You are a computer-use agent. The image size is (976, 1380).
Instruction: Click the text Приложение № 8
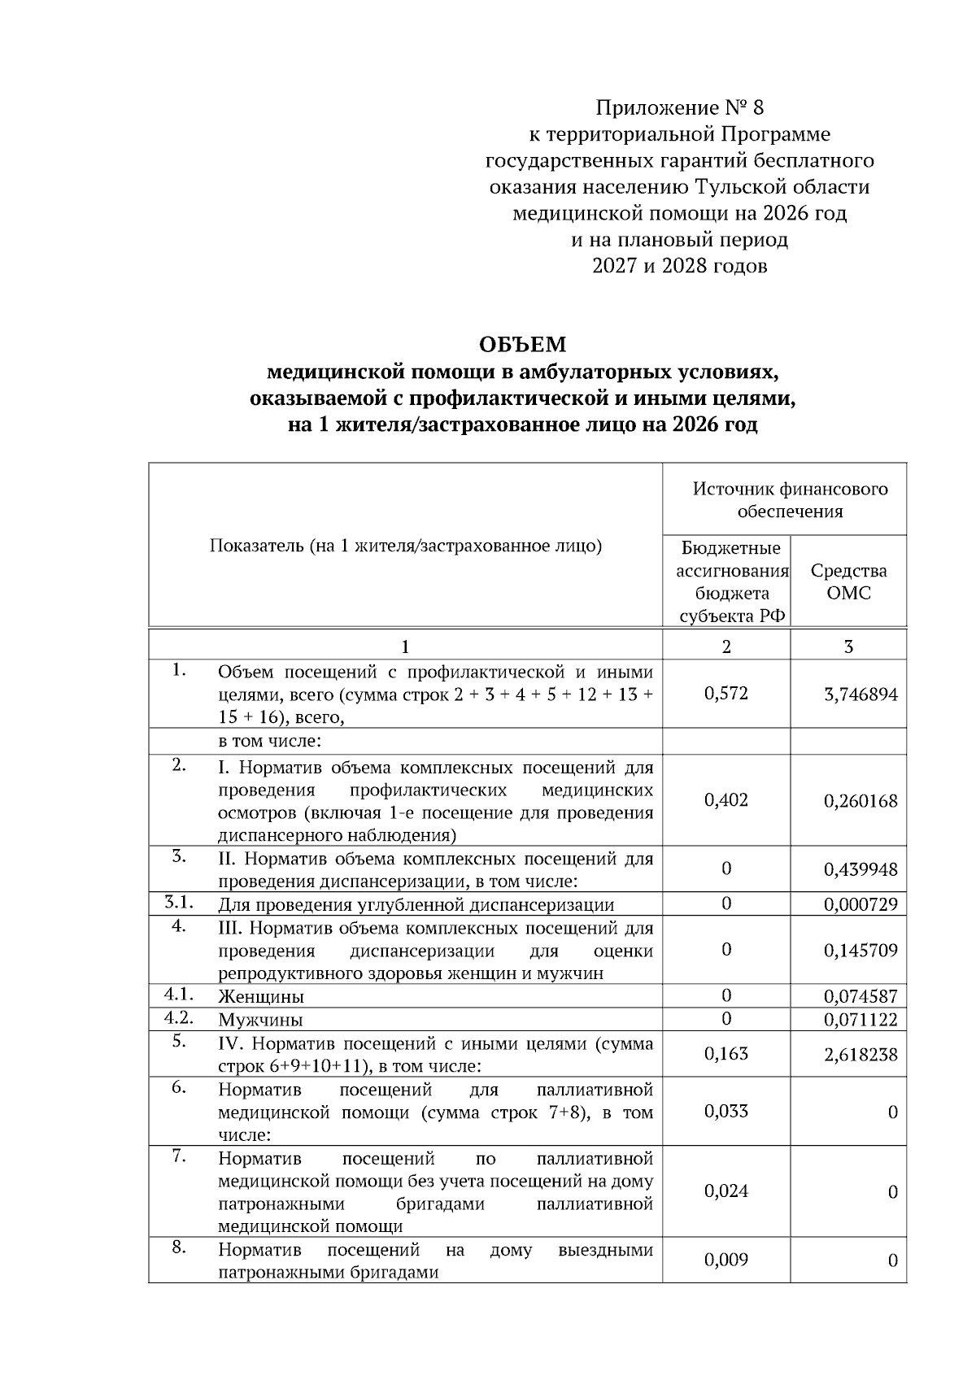coord(680,107)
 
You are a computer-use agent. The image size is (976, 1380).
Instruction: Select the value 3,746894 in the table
coord(861,694)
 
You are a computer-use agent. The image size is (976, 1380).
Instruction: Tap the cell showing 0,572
coord(726,694)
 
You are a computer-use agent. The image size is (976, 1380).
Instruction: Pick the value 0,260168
coord(861,801)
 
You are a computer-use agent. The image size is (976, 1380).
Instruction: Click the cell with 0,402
coord(726,800)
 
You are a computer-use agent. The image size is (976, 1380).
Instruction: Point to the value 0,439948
coord(861,870)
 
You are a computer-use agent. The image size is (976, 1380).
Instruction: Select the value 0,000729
coord(861,905)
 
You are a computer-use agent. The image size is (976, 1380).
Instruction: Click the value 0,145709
coord(861,951)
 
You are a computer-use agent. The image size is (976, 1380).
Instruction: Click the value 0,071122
coord(861,1020)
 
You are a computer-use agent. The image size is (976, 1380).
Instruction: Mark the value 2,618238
coord(861,1056)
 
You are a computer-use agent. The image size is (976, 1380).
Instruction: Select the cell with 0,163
coord(726,1054)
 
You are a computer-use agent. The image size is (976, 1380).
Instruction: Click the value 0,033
coord(726,1112)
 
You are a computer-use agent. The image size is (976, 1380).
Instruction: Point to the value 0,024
coord(726,1191)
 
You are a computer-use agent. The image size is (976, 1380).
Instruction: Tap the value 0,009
coord(726,1260)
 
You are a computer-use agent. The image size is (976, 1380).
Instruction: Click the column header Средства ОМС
coord(848,581)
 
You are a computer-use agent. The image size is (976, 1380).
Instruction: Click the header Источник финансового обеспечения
coord(790,500)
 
